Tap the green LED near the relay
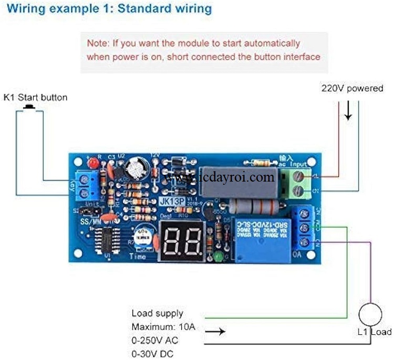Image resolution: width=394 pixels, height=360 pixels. point(216,257)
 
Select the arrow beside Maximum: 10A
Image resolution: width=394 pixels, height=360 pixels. point(215,332)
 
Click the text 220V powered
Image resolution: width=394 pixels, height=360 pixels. point(352,88)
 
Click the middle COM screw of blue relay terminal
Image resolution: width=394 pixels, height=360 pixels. point(304,228)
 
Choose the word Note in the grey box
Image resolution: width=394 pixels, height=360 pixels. point(97,43)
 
